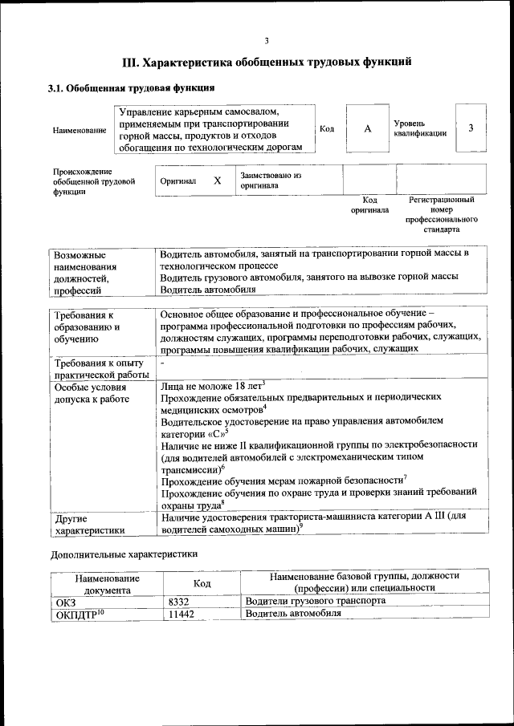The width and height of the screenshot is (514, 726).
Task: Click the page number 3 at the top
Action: (x=267, y=41)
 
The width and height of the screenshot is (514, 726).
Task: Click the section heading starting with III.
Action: (x=267, y=62)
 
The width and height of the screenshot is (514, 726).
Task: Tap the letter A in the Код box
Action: (x=368, y=128)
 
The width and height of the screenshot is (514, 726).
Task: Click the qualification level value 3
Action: (x=471, y=128)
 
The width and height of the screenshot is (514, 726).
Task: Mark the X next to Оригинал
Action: (x=217, y=181)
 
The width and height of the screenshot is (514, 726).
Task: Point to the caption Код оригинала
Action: (x=369, y=205)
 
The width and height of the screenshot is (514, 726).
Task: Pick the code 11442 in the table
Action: (x=182, y=614)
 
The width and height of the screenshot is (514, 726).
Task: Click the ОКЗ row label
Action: (x=65, y=601)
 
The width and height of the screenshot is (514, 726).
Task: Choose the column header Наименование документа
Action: (x=107, y=583)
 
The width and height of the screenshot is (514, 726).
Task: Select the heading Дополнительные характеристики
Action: (x=124, y=554)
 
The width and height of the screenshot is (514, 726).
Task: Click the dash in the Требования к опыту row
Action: (x=163, y=363)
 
